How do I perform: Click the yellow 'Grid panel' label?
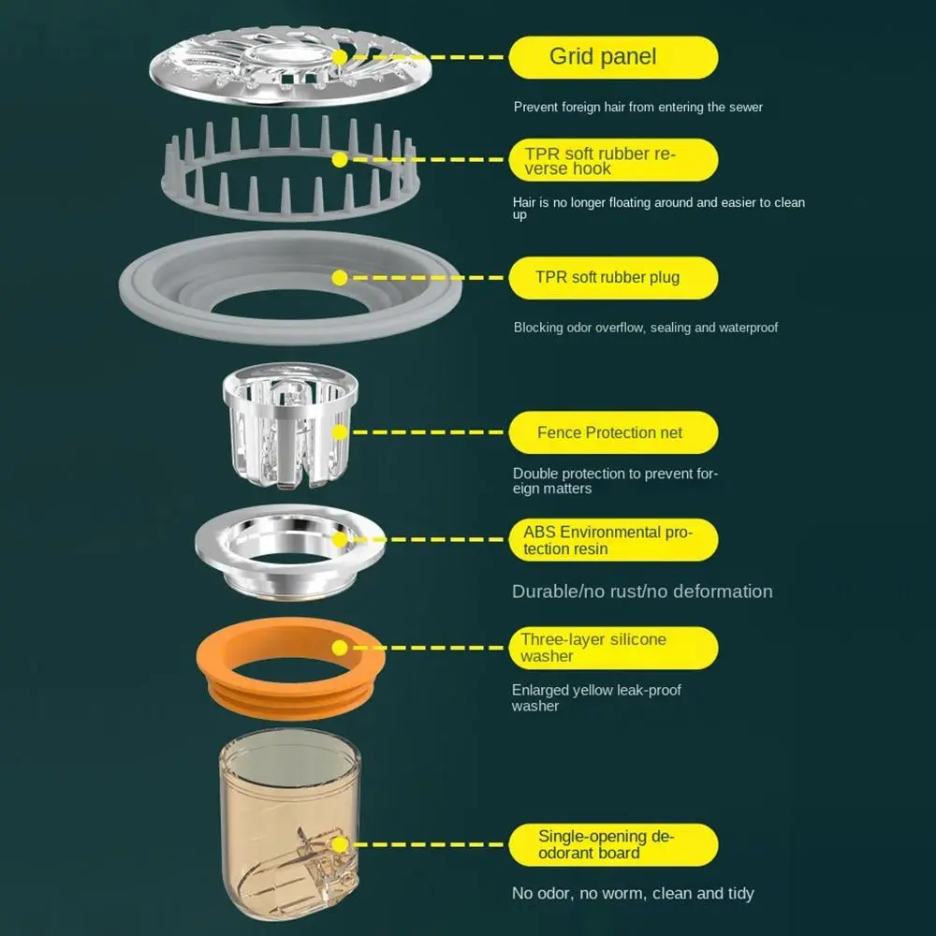click(x=614, y=57)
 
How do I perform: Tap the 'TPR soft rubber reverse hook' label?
click(x=614, y=160)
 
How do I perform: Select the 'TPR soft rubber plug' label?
click(x=614, y=278)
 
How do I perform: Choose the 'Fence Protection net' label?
click(x=614, y=432)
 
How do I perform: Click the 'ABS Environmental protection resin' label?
click(x=614, y=540)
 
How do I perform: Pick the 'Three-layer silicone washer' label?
click(x=614, y=648)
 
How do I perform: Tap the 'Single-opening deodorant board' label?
click(x=614, y=844)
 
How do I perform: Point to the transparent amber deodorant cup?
click(x=290, y=824)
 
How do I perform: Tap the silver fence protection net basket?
click(x=290, y=425)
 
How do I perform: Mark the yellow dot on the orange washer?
click(x=340, y=648)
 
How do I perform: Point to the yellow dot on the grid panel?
click(x=340, y=57)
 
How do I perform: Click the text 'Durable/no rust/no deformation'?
click(x=642, y=592)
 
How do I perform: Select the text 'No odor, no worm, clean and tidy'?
click(x=633, y=894)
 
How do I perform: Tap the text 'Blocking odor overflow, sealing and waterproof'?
click(x=645, y=328)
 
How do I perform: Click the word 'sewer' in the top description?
click(x=746, y=108)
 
